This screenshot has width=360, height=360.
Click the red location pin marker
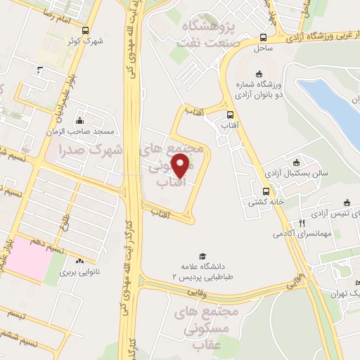pos(181,165)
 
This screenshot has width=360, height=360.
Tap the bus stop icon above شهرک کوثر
pos(86,30)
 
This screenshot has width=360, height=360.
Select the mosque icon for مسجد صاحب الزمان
pos(79,121)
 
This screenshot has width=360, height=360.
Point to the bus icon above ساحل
pos(262,38)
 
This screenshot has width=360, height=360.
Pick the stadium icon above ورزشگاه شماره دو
pos(259,73)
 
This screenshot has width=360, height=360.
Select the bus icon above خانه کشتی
pos(266,191)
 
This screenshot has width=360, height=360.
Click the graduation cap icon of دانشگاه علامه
pos(202,257)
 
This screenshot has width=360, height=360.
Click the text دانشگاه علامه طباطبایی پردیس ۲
pos(211,271)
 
